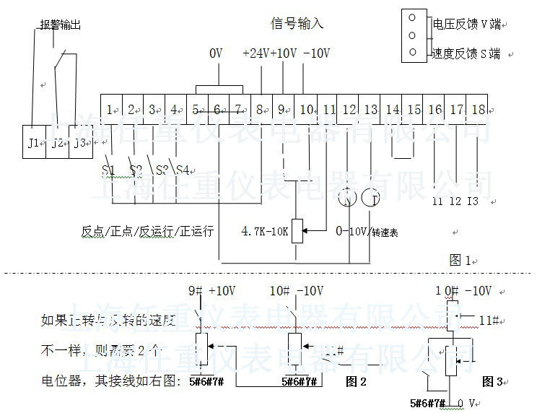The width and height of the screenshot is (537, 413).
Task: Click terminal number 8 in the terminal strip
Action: [x=261, y=110]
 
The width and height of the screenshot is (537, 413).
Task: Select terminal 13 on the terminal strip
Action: [x=370, y=110]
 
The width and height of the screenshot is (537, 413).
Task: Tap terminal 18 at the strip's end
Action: [x=479, y=110]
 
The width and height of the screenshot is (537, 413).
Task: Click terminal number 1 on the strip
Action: [x=110, y=110]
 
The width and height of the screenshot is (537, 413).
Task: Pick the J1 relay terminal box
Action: [x=34, y=143]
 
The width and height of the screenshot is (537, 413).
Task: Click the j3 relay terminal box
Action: [x=79, y=143]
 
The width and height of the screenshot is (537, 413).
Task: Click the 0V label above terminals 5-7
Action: [x=216, y=53]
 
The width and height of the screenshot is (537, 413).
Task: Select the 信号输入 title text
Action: [x=297, y=23]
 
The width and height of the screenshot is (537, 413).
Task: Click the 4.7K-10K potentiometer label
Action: [x=264, y=232]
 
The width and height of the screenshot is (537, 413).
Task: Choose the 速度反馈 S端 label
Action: [x=466, y=53]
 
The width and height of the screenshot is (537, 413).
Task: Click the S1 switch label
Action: [x=108, y=170]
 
